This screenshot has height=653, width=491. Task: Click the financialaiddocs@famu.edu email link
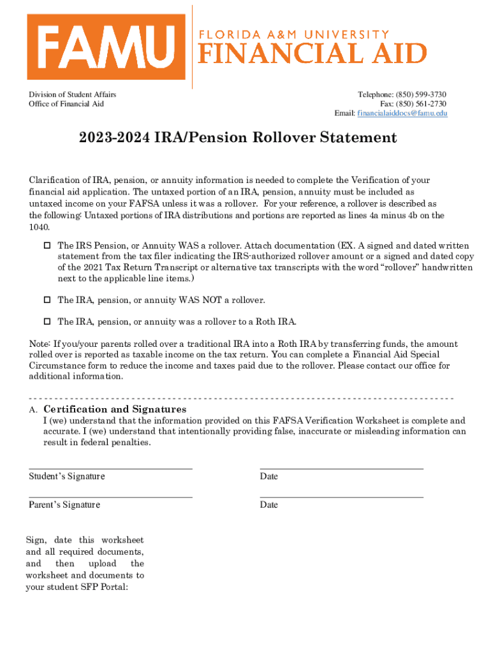pyautogui.click(x=402, y=113)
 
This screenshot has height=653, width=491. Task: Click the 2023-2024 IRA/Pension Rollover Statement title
pyautogui.click(x=238, y=138)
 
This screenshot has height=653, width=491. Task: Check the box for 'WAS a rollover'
pyautogui.click(x=47, y=246)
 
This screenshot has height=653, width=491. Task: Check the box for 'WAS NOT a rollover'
pyautogui.click(x=47, y=300)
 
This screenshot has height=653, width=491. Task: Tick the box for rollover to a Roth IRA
pyautogui.click(x=47, y=321)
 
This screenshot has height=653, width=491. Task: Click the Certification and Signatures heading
pyautogui.click(x=115, y=409)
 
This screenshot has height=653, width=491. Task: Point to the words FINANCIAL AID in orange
pyautogui.click(x=312, y=53)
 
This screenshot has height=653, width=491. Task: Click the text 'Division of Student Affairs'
pyautogui.click(x=72, y=94)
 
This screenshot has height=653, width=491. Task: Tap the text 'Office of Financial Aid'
pyautogui.click(x=66, y=103)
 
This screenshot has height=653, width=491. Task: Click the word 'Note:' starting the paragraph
pyautogui.click(x=40, y=344)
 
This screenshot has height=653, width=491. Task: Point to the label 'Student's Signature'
pyautogui.click(x=67, y=476)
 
